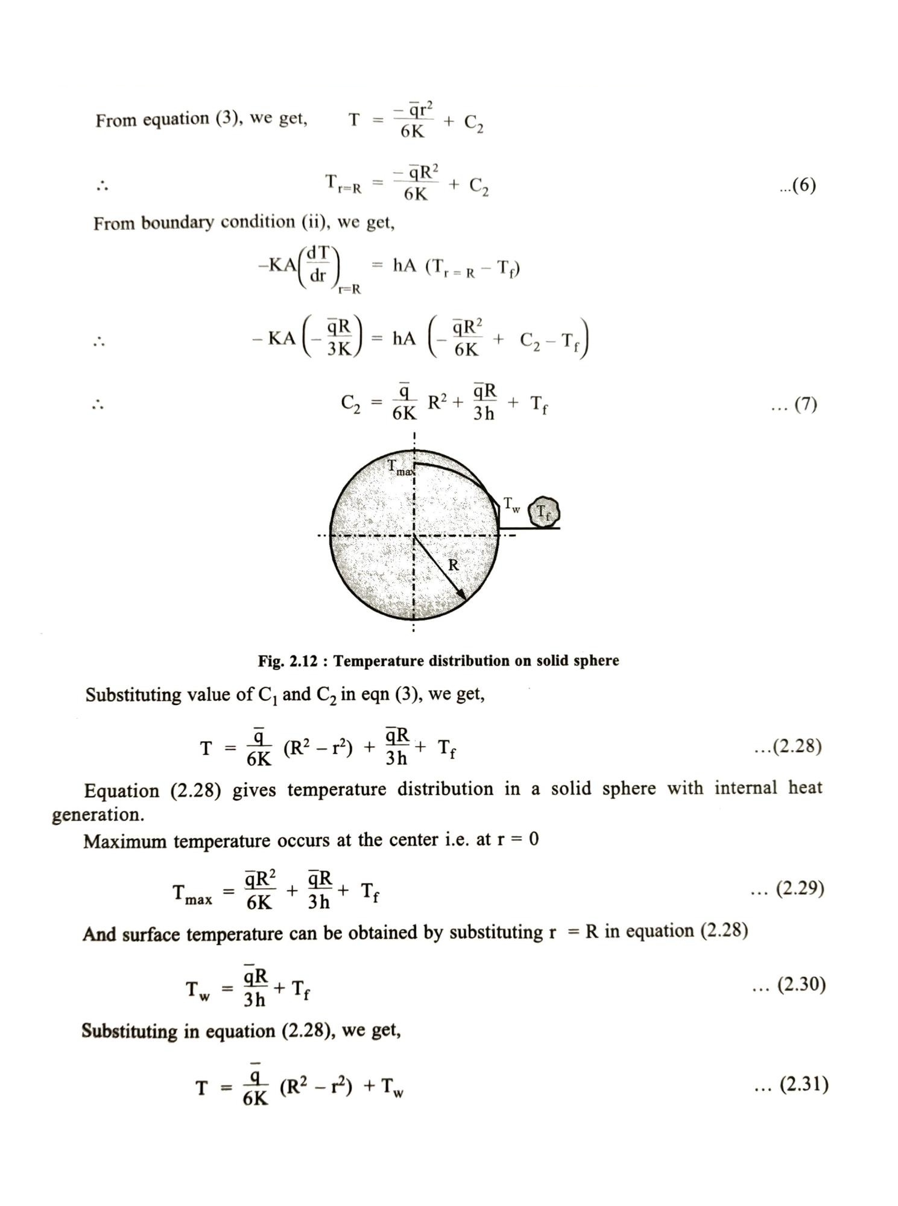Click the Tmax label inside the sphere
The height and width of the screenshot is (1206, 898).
click(x=400, y=467)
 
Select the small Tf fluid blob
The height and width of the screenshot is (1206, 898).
click(x=544, y=513)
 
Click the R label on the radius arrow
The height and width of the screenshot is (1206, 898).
click(x=454, y=565)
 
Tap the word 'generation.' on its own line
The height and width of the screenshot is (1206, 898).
click(x=98, y=815)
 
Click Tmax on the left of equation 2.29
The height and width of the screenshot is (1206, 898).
click(x=192, y=894)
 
